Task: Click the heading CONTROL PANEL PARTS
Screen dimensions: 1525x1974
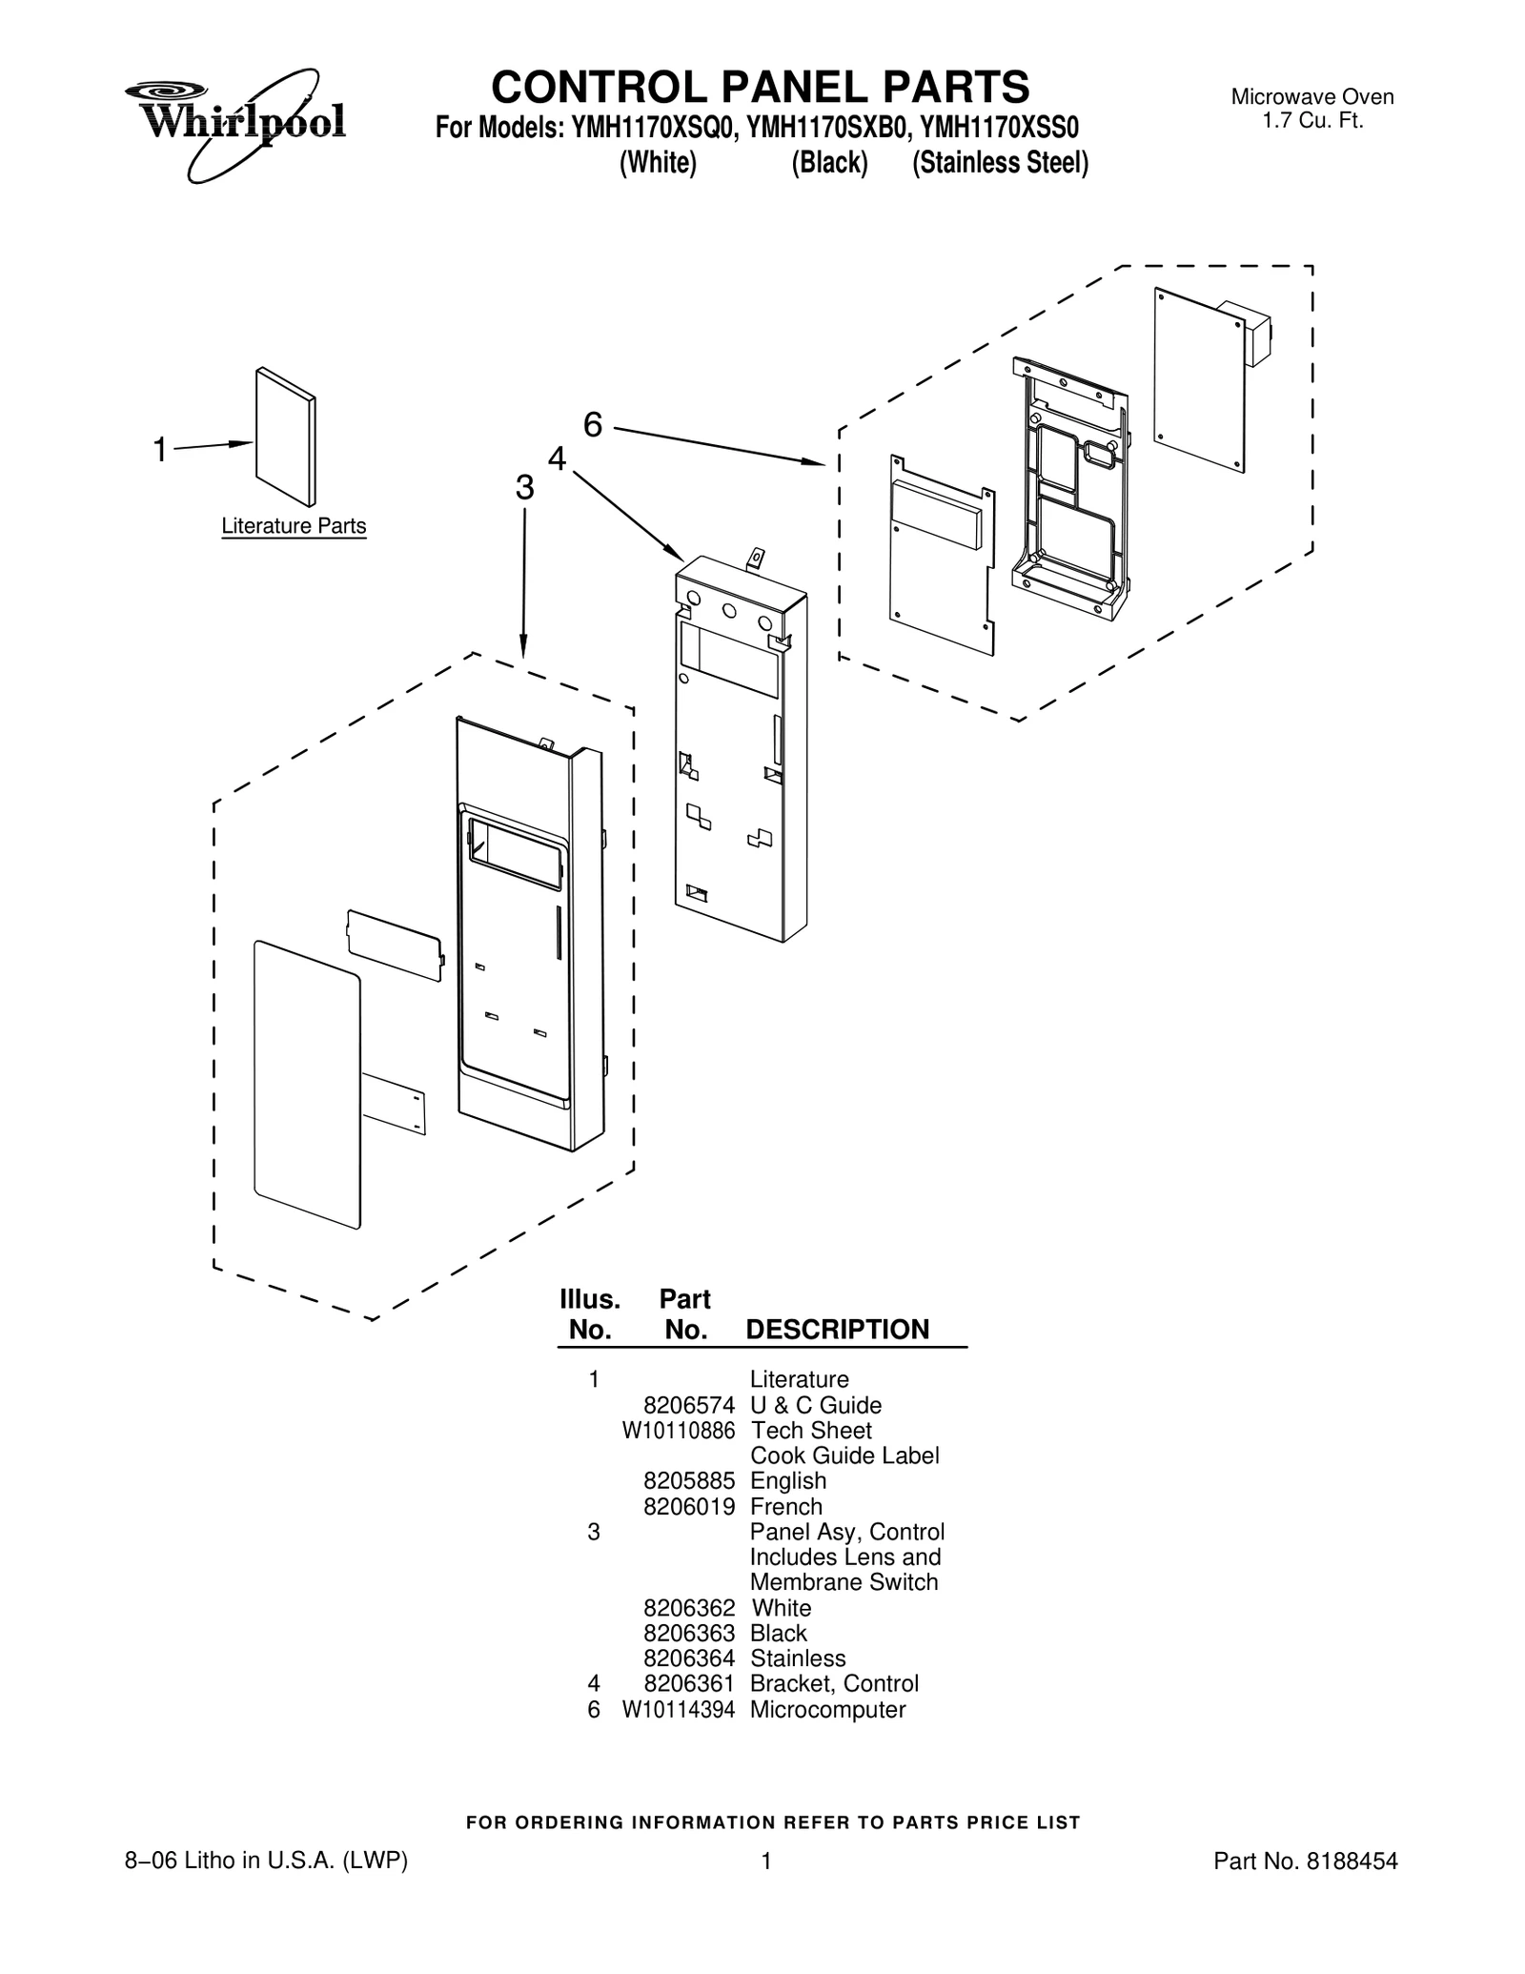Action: click(760, 87)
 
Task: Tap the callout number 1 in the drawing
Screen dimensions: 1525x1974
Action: click(160, 449)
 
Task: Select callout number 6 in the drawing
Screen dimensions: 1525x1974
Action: click(593, 425)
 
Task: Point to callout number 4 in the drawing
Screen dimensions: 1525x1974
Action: click(557, 458)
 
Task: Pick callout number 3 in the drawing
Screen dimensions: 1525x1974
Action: click(524, 487)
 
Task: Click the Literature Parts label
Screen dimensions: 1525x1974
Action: click(294, 526)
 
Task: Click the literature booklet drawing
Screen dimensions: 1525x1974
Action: click(286, 437)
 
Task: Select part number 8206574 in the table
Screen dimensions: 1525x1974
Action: click(689, 1405)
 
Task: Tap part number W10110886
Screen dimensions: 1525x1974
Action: click(679, 1431)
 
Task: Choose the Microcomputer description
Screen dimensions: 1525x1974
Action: click(827, 1709)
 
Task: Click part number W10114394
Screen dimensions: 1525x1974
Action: click(679, 1709)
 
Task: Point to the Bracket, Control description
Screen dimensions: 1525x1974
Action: click(834, 1683)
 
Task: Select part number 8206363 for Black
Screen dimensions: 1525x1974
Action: click(689, 1633)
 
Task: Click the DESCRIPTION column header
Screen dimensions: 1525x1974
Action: click(837, 1329)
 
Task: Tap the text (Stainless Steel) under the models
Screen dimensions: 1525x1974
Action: click(1000, 163)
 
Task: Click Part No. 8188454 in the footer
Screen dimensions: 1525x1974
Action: click(1305, 1861)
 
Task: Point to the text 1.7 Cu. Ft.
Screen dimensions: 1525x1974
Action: click(1312, 121)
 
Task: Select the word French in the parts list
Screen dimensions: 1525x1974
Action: click(786, 1507)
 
